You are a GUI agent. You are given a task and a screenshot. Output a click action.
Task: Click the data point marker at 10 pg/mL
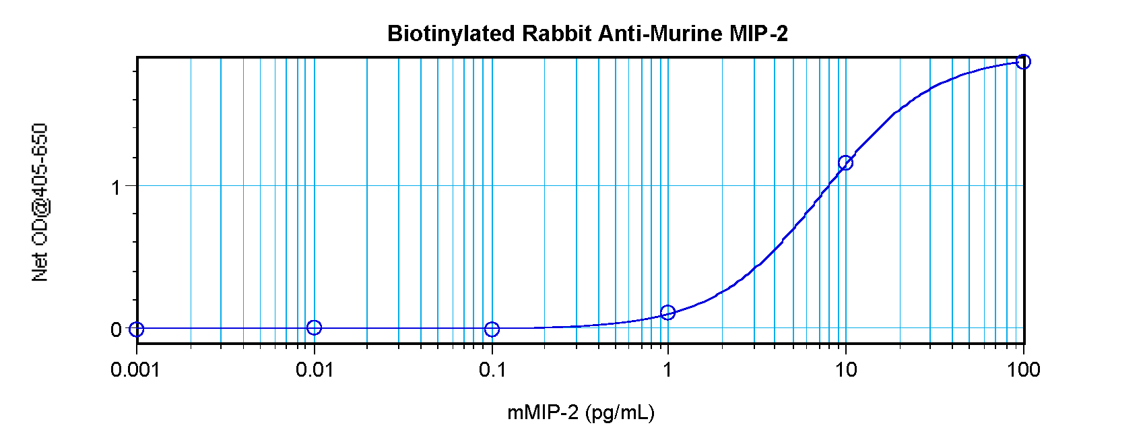[x=845, y=162]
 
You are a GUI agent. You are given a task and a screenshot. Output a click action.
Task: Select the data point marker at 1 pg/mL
[x=667, y=312]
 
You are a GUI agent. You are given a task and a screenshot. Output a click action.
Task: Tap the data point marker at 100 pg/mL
[x=1023, y=62]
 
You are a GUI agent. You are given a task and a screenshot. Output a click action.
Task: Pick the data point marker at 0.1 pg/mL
[x=492, y=329]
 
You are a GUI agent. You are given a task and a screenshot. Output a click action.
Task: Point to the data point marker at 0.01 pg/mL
[x=314, y=327]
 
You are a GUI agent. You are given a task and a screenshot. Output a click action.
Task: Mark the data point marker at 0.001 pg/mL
[x=137, y=329]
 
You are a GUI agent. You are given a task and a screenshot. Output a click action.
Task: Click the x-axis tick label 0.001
[x=135, y=370]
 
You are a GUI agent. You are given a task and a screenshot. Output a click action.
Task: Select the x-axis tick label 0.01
[x=315, y=370]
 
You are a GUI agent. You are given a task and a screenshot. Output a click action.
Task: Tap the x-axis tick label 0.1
[x=492, y=370]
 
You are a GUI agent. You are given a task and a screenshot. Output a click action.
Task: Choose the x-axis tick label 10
[x=846, y=370]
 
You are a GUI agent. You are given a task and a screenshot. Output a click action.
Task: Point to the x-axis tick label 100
[x=1024, y=370]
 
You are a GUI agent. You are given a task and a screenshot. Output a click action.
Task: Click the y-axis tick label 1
[x=116, y=187]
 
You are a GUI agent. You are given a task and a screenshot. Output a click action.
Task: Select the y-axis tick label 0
[x=116, y=330]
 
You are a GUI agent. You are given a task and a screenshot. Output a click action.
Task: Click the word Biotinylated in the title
[x=452, y=34]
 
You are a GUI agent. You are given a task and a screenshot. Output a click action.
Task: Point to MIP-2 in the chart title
[x=759, y=34]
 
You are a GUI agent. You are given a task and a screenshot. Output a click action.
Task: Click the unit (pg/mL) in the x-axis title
[x=620, y=412]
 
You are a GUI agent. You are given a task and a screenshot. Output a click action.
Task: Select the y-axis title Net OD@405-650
[x=40, y=202]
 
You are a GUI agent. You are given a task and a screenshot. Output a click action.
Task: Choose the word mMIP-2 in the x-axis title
[x=543, y=412]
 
